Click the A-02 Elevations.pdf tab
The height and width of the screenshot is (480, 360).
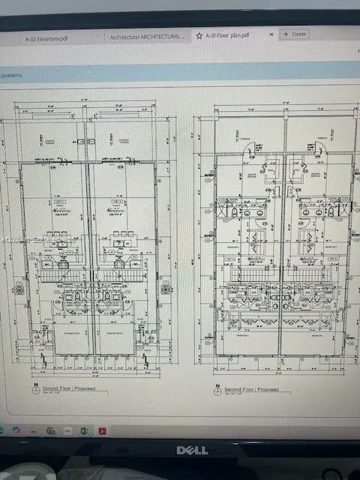point(46,37)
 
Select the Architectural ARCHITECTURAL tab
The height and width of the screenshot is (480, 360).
point(146,36)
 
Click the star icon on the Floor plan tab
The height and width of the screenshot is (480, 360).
point(199,34)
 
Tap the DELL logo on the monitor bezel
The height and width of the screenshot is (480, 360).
point(192,450)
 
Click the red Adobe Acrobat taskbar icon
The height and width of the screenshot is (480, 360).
point(102,430)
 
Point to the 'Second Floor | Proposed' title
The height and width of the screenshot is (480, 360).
point(253,390)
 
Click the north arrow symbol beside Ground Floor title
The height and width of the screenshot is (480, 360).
point(34,391)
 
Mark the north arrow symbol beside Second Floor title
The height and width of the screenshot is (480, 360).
point(217,391)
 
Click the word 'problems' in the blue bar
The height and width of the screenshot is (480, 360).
point(13,76)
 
